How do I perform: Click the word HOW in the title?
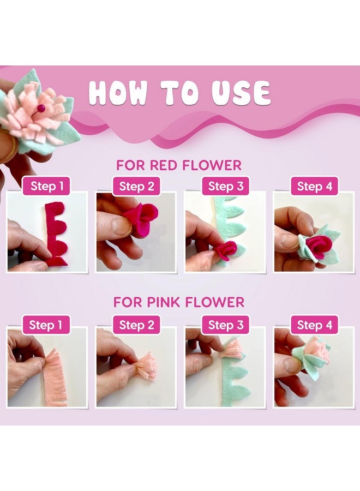(118, 93)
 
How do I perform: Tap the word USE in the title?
(241, 93)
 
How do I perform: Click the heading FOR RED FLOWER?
(179, 165)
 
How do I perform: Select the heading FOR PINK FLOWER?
(179, 302)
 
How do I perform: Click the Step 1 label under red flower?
(47, 187)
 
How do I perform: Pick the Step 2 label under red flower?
(136, 187)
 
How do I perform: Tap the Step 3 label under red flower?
(226, 187)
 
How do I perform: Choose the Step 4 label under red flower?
(315, 187)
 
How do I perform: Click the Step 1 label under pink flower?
(46, 325)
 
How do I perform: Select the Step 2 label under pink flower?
(136, 325)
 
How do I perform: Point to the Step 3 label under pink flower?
(226, 325)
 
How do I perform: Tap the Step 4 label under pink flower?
(315, 325)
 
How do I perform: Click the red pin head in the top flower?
(41, 109)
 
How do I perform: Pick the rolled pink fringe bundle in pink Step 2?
(146, 367)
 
